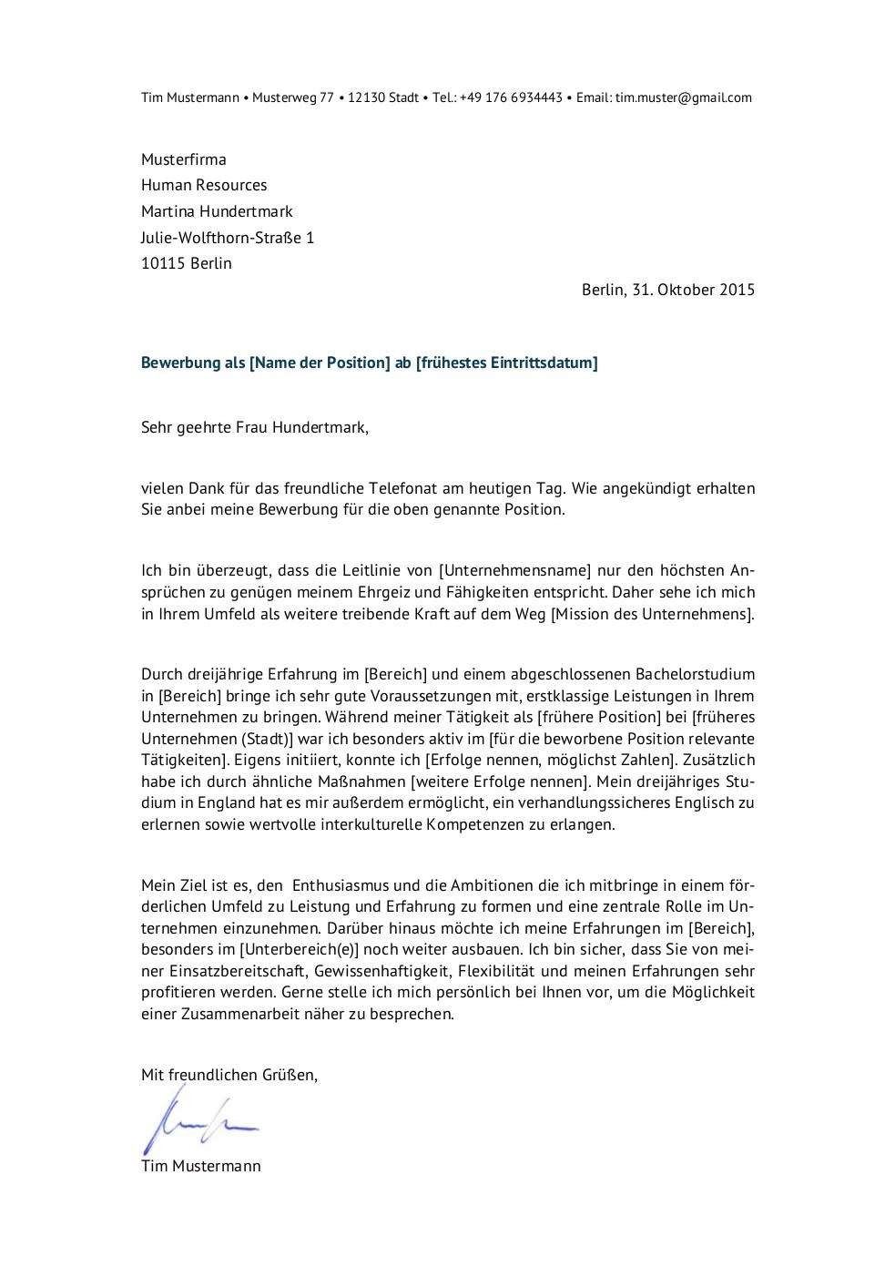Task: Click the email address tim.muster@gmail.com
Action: tap(683, 97)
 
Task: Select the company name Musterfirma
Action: tap(183, 159)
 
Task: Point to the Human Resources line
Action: tap(204, 185)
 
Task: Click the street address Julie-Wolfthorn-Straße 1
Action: tap(228, 238)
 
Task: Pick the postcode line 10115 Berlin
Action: tap(187, 263)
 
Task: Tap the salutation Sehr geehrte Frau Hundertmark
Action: tap(255, 426)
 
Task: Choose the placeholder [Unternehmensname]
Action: tap(515, 571)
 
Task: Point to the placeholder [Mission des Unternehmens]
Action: tap(653, 614)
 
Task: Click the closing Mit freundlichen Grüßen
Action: tap(229, 1075)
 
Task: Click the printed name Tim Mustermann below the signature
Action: tap(201, 1166)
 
